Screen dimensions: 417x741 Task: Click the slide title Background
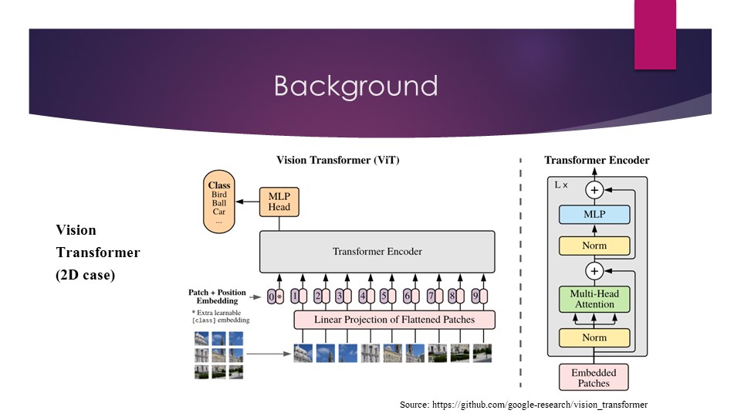pyautogui.click(x=355, y=86)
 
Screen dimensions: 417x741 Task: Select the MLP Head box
pyautogui.click(x=279, y=202)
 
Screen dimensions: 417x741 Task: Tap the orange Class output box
pyautogui.click(x=219, y=202)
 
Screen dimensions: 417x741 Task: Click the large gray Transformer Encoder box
pyautogui.click(x=377, y=252)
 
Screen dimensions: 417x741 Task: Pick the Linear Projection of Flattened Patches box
pyautogui.click(x=394, y=319)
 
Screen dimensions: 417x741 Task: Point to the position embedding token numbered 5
pyautogui.click(x=384, y=295)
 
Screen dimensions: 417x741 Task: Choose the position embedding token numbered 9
pyautogui.click(x=475, y=295)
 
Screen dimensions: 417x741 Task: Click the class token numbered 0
pyautogui.click(x=271, y=296)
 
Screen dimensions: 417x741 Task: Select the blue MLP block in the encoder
pyautogui.click(x=594, y=214)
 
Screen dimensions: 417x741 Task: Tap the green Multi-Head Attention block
pyautogui.click(x=594, y=299)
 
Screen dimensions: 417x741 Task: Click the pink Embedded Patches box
pyautogui.click(x=594, y=378)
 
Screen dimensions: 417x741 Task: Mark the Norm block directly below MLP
pyautogui.click(x=594, y=246)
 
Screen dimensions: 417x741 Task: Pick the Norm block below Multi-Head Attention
pyautogui.click(x=594, y=337)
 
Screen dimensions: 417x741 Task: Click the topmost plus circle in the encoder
pyautogui.click(x=594, y=189)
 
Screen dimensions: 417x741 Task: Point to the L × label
pyautogui.click(x=562, y=185)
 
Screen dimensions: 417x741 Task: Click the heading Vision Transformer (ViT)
pyautogui.click(x=338, y=161)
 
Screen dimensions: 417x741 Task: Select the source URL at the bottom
pyautogui.click(x=523, y=405)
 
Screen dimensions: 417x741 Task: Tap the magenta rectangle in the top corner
pyautogui.click(x=655, y=34)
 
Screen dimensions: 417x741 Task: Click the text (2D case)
pyautogui.click(x=85, y=274)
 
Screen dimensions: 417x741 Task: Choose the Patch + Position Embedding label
pyautogui.click(x=217, y=297)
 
